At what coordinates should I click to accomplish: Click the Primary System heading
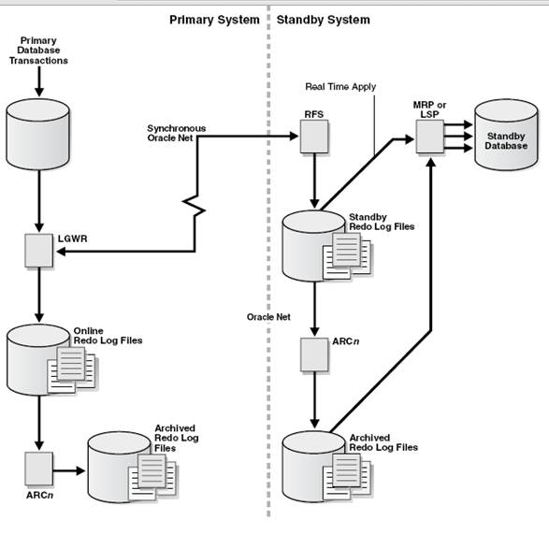pos(213,20)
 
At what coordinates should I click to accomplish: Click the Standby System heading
pos(323,20)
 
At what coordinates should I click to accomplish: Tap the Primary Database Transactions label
pos(38,51)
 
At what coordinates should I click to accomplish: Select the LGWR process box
pos(38,250)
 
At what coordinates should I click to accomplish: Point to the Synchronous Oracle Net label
pos(176,133)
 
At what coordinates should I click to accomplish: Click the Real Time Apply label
pos(340,87)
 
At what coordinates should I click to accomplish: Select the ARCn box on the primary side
pos(38,465)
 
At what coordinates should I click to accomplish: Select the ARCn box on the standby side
pos(312,353)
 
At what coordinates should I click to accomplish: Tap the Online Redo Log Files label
pos(108,336)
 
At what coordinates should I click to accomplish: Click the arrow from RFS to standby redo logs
pos(312,182)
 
